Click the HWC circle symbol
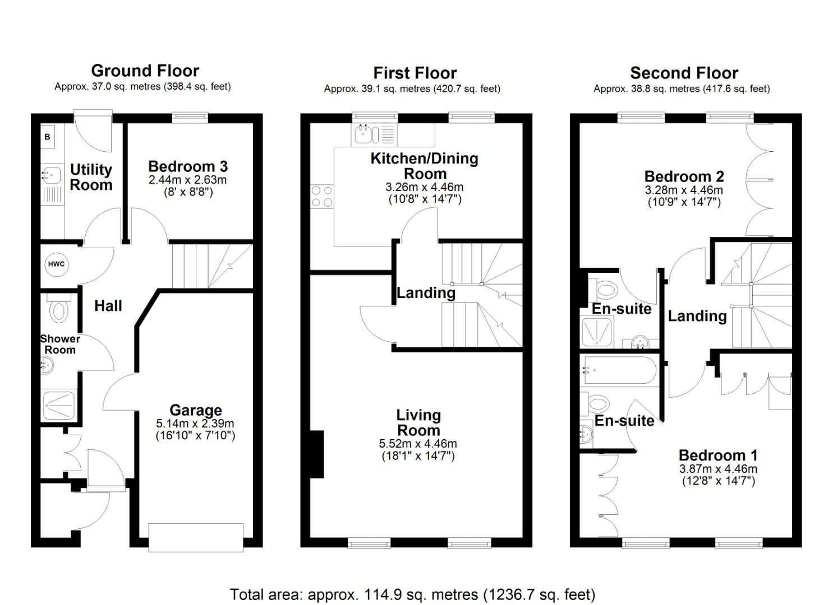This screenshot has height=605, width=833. coord(56,264)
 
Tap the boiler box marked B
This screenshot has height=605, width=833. coord(48,137)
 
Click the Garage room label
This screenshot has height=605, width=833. coord(196,410)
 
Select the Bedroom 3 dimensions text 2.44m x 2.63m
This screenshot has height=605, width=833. coord(187,180)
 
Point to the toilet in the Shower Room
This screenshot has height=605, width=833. coord(58,309)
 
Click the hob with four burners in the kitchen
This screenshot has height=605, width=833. coord(322,197)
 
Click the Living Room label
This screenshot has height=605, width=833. coord(418,423)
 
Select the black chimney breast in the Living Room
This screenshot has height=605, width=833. coord(317,454)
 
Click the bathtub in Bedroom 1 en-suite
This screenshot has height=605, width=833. coord(619,370)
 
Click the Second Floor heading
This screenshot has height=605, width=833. coord(684,73)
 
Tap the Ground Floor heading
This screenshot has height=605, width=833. coord(145,71)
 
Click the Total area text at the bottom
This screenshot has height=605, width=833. coord(412,594)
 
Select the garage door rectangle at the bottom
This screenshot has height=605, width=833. coord(196,537)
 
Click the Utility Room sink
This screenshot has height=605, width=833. coord(51,175)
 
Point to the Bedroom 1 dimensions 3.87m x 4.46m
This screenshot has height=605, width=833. coord(718,469)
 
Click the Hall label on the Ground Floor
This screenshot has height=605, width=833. coord(108,306)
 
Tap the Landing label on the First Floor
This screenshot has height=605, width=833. coord(426,293)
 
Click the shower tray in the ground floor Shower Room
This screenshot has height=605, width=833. coord(58,406)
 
